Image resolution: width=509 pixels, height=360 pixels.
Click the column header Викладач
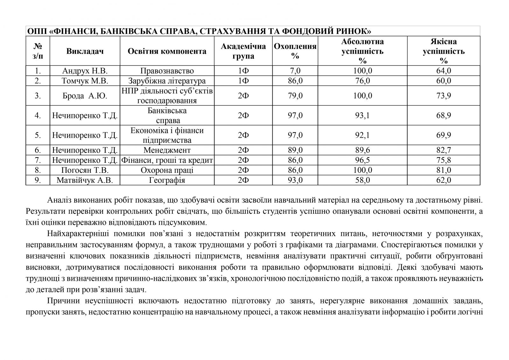85,51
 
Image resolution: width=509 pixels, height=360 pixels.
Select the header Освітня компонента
167,51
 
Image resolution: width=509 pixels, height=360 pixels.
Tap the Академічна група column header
243,51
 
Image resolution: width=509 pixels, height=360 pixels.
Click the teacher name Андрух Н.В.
85,71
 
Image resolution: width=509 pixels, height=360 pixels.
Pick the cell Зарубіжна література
167,81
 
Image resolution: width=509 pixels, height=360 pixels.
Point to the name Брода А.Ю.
85,96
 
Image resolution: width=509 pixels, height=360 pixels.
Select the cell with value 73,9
443,96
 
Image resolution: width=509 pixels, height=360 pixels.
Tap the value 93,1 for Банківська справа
362,115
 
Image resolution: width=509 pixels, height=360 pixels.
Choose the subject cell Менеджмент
167,150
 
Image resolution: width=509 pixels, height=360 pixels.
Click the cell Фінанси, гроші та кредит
167,160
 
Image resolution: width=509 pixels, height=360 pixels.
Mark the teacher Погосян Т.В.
85,170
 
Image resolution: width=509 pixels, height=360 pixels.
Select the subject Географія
167,180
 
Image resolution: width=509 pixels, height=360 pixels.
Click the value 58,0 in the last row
362,180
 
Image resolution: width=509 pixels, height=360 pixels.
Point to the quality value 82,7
443,150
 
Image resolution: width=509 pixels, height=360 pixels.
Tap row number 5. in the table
38,135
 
